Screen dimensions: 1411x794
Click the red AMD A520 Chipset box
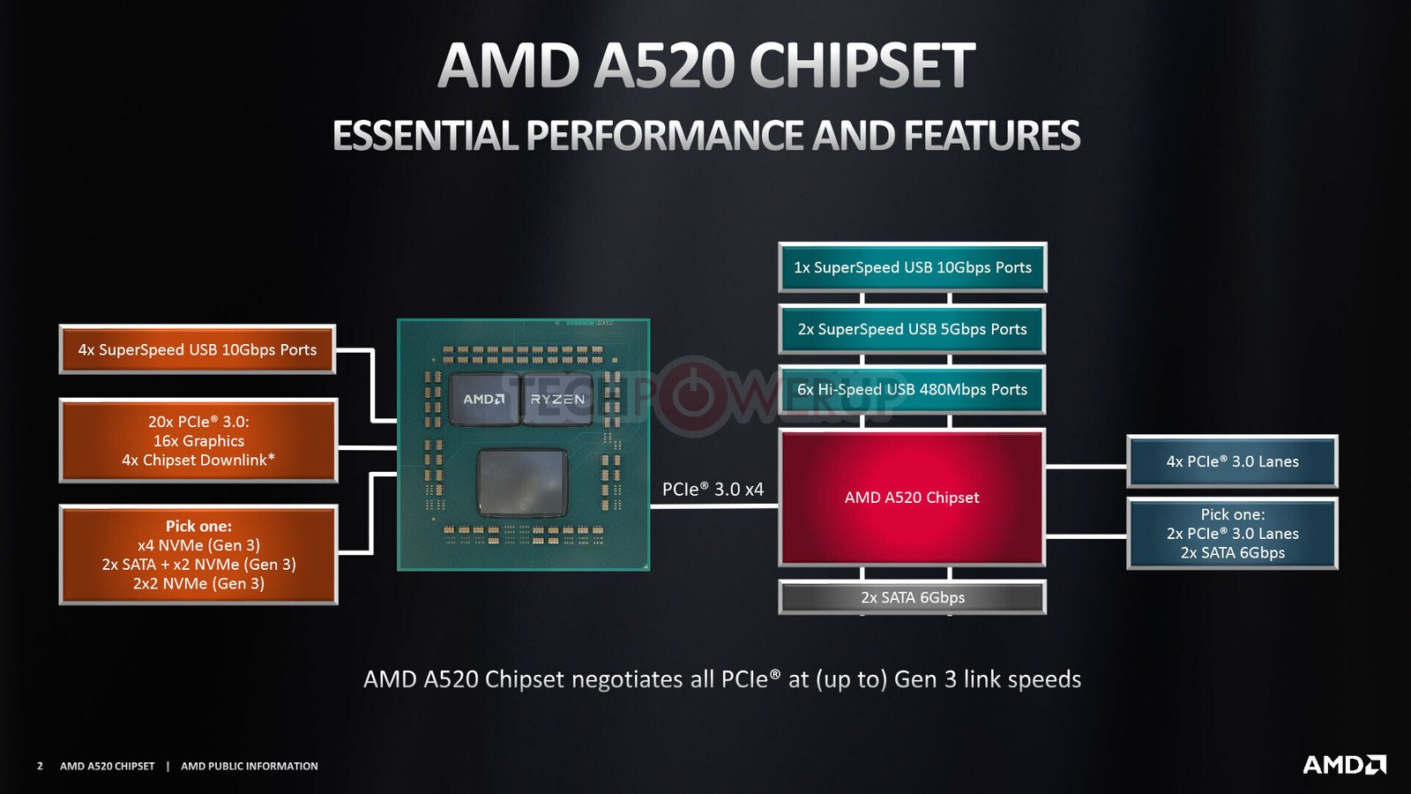pos(912,498)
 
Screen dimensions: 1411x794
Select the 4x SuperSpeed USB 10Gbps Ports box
pos(198,349)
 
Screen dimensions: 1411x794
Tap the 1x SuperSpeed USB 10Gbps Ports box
pos(912,267)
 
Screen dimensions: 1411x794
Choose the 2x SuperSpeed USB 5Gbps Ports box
pos(912,329)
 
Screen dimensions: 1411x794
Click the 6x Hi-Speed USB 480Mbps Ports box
pos(912,389)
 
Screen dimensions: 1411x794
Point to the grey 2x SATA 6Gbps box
pos(912,597)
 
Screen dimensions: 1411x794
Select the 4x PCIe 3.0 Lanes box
pos(1232,461)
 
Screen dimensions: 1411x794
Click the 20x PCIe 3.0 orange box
pos(198,440)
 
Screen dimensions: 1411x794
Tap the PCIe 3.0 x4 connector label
pos(713,489)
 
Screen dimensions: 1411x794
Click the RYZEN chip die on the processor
pos(557,399)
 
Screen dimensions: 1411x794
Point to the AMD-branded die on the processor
pos(484,399)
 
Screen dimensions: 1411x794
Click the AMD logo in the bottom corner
pos(1344,764)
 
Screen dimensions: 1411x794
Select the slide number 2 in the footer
pos(41,767)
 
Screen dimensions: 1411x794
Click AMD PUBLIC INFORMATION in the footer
pos(250,767)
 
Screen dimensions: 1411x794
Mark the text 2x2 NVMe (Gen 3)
pos(198,583)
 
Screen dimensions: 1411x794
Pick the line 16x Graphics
pos(198,441)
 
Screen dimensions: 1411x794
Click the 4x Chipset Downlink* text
pos(198,460)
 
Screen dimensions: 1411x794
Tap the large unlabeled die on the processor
pos(522,482)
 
